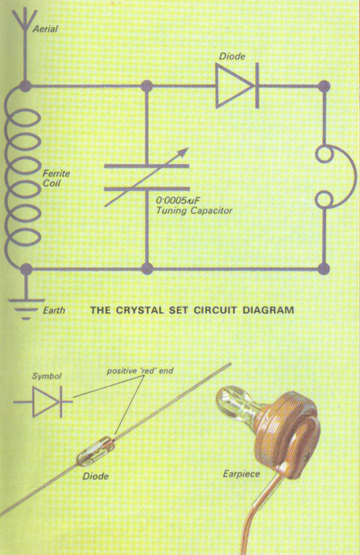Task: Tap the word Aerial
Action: [45, 29]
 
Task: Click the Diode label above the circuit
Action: [232, 56]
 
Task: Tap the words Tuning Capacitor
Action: [194, 211]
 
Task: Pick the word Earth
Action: [54, 310]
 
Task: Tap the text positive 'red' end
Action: [140, 371]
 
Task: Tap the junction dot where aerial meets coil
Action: [24, 85]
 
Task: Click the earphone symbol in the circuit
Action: [335, 178]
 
